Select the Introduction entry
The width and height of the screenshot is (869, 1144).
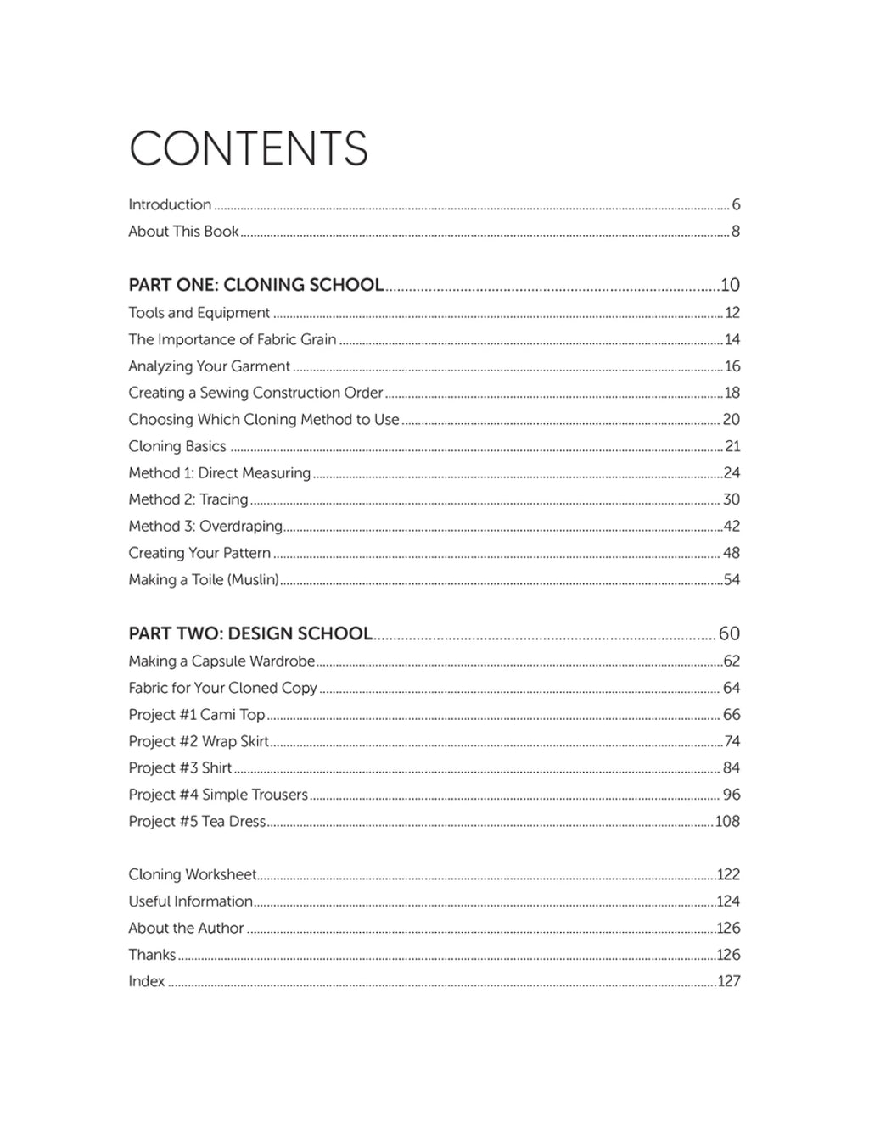tap(170, 204)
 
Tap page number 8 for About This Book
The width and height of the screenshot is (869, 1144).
tap(735, 232)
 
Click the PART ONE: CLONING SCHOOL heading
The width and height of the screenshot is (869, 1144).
tap(255, 285)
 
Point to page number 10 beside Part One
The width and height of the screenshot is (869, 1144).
tap(730, 285)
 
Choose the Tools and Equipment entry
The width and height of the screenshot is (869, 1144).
tap(199, 313)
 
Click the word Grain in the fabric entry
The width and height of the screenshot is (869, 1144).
tap(318, 339)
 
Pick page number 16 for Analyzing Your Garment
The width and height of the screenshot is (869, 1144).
tap(732, 366)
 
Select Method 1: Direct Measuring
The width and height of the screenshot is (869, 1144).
tap(219, 473)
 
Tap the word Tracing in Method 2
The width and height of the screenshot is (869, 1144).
tap(224, 499)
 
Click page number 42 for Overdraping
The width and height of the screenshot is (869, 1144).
tap(732, 527)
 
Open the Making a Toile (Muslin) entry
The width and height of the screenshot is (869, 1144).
tap(204, 580)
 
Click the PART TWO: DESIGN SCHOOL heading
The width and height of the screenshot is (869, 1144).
tap(249, 633)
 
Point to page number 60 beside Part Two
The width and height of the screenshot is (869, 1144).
tap(729, 633)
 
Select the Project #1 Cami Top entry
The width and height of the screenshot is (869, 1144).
tap(197, 715)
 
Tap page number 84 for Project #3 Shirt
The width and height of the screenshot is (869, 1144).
tap(732, 768)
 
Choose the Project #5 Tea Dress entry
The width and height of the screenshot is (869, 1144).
tap(197, 822)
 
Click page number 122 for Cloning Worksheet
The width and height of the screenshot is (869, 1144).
tap(728, 875)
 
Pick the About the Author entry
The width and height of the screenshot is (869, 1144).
tap(186, 929)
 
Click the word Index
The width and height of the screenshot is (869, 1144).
tap(147, 982)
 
